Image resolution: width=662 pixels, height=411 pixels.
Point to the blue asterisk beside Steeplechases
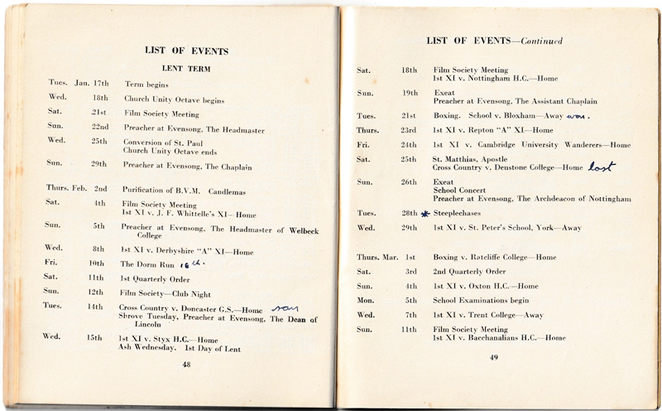[x=425, y=213]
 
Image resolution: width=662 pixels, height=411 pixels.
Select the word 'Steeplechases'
[x=457, y=213]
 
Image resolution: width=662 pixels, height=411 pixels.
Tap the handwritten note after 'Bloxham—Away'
[x=583, y=115]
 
